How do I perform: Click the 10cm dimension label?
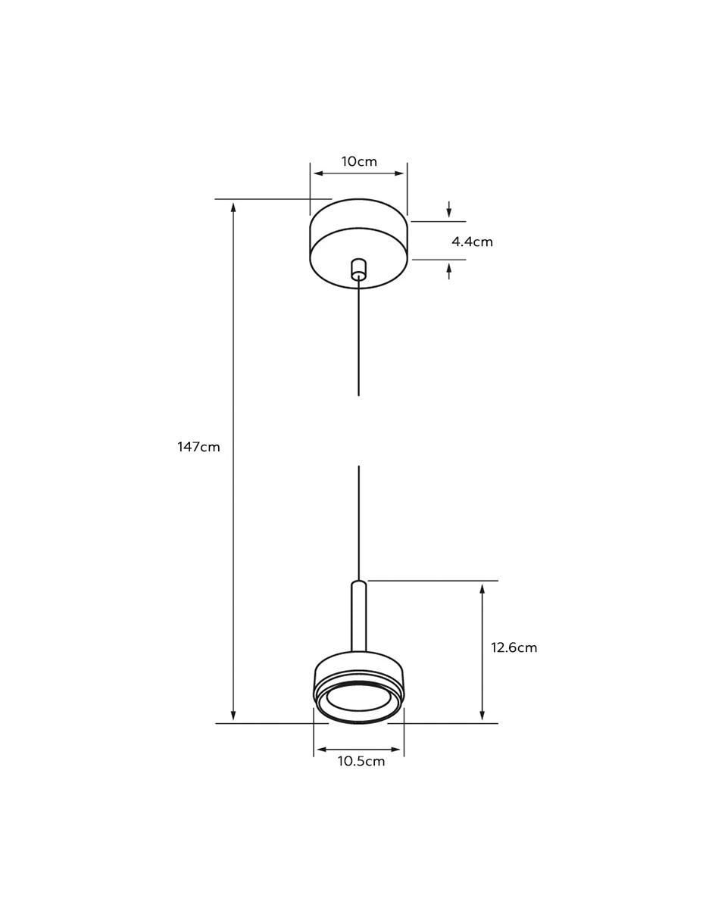click(x=359, y=161)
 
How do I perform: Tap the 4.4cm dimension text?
click(x=472, y=242)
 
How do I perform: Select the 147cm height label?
click(x=198, y=447)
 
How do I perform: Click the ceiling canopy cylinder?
click(x=358, y=244)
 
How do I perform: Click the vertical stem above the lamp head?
click(x=358, y=616)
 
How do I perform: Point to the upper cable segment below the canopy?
click(x=358, y=337)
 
